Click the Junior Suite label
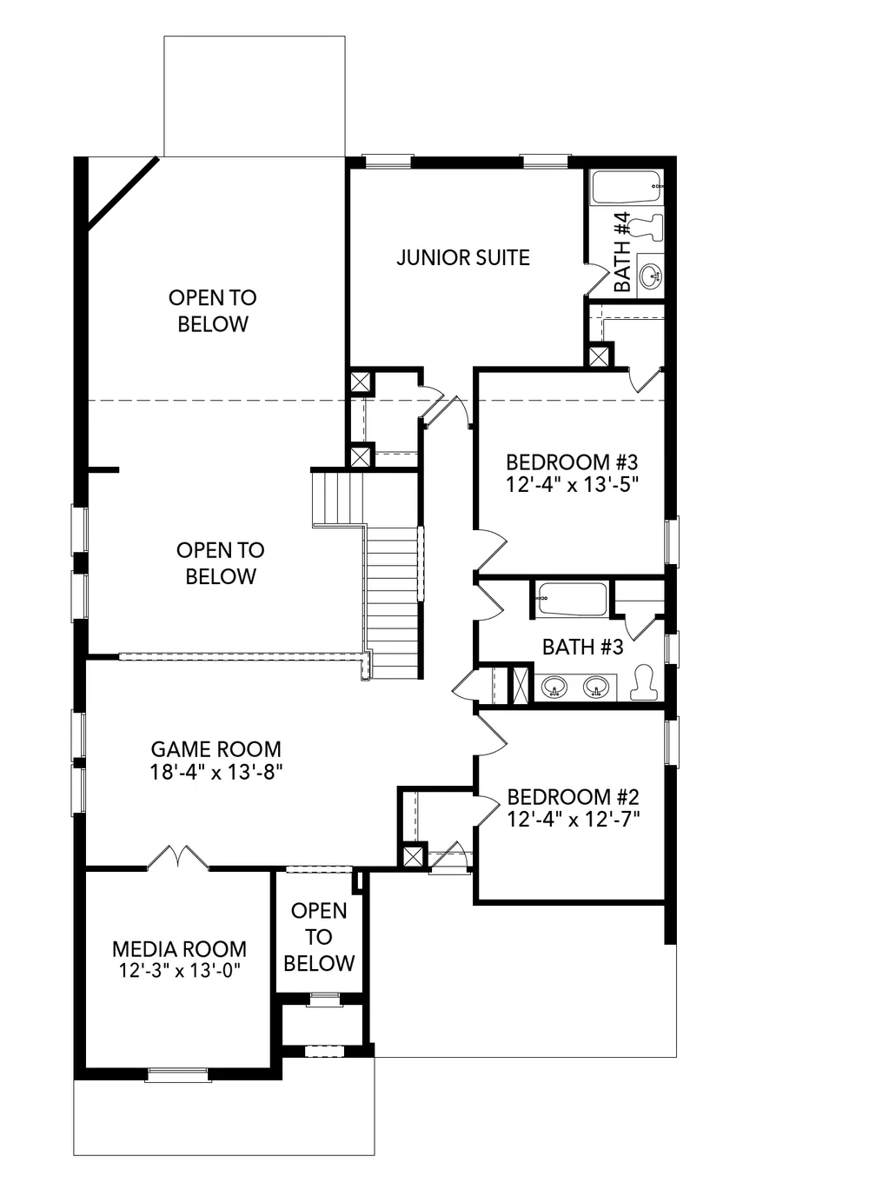pos(463,257)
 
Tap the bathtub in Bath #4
pos(627,187)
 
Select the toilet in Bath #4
pos(647,227)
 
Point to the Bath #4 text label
pos(622,252)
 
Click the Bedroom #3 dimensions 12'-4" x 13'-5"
pos(572,485)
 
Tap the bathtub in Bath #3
pos(572,600)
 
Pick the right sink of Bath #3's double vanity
pos(595,687)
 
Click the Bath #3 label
pos(582,648)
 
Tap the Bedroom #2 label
pos(573,797)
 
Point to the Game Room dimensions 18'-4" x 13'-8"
pos(216,772)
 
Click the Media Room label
pos(179,949)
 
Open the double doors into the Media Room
pos(178,858)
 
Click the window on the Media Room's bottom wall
pos(177,1074)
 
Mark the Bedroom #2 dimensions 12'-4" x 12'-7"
pos(573,820)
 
